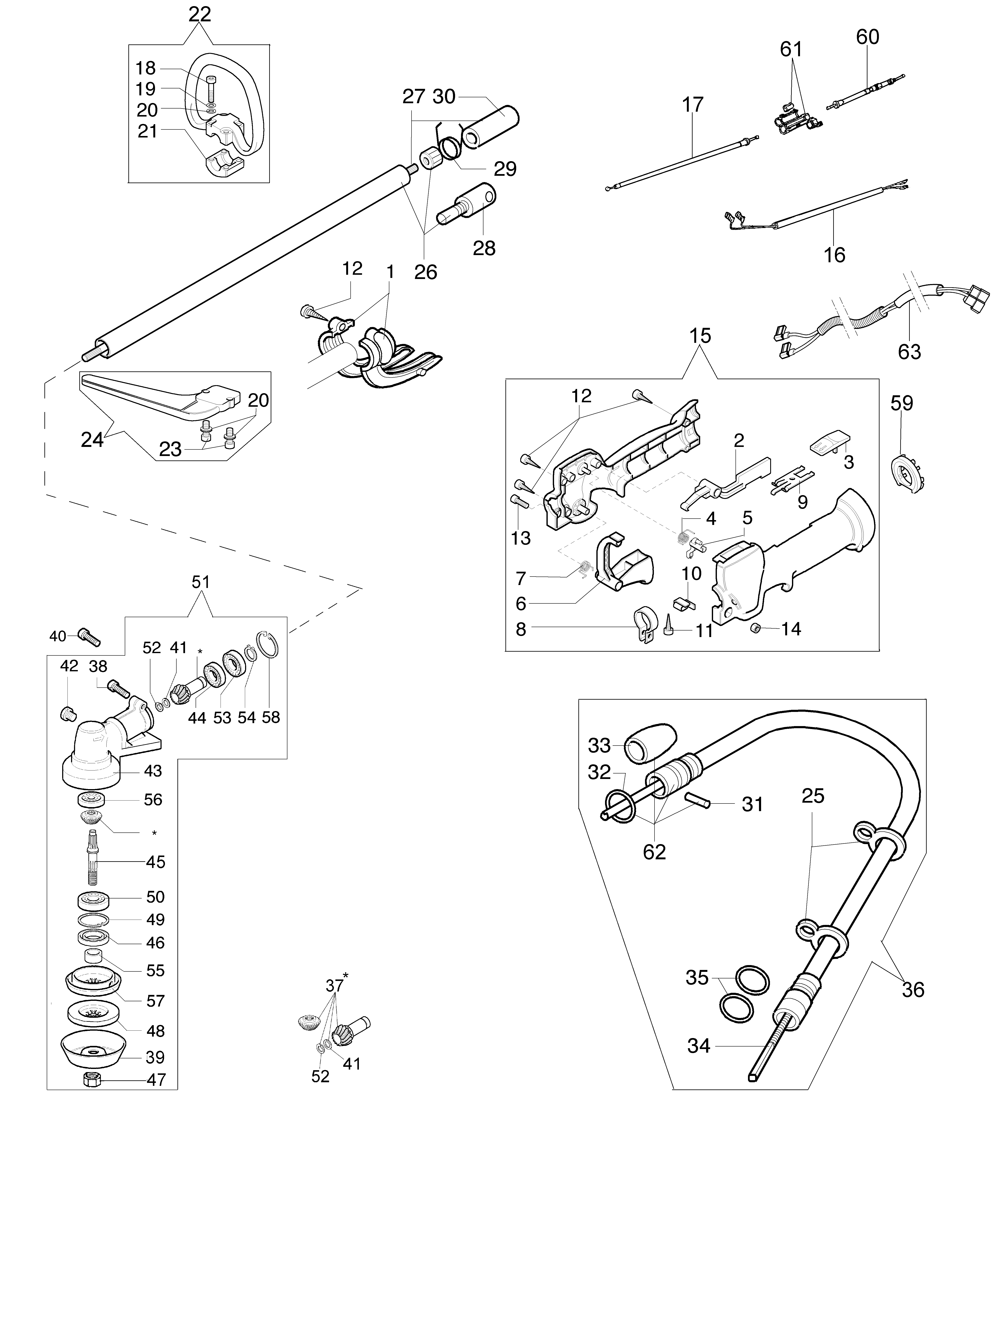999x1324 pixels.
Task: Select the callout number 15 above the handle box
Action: [700, 336]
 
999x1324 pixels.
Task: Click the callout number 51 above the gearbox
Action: [200, 582]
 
